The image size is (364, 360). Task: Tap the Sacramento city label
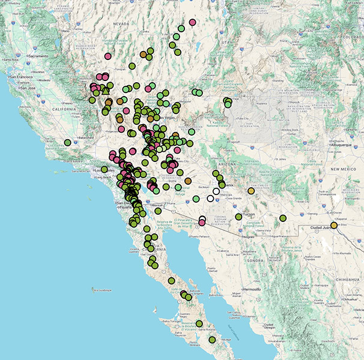pyautogui.click(x=38, y=55)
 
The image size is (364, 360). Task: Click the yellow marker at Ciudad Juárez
pyautogui.click(x=334, y=225)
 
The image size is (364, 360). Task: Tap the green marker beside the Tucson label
pyautogui.click(x=238, y=217)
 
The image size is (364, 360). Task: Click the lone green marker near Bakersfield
pyautogui.click(x=68, y=142)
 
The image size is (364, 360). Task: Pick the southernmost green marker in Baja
pyautogui.click(x=212, y=340)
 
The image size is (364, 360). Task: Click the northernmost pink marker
pyautogui.click(x=192, y=22)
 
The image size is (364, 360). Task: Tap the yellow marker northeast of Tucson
pyautogui.click(x=250, y=191)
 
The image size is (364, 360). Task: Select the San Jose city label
pyautogui.click(x=28, y=88)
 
